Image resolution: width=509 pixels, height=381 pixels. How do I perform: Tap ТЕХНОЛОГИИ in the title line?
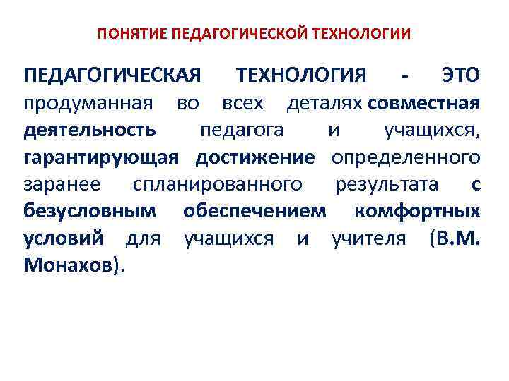tap(365, 32)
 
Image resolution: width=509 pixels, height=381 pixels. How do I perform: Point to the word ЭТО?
tap(460, 75)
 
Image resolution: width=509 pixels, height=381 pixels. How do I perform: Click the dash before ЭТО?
tap(404, 75)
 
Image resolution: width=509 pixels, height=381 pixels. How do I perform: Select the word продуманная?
tap(88, 103)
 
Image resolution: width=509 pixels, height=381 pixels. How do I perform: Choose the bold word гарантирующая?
tap(99, 157)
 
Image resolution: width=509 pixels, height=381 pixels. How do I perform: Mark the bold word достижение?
tap(255, 157)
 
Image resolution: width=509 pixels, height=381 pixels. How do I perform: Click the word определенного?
tap(406, 157)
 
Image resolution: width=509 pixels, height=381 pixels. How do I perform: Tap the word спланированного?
tap(218, 184)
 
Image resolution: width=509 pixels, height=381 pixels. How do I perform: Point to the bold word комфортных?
tap(417, 211)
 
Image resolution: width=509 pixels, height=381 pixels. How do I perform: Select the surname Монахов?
tap(68, 266)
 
